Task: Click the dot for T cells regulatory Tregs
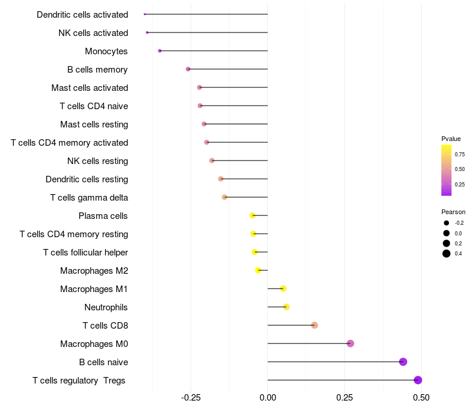(418, 380)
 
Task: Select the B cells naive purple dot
(403, 362)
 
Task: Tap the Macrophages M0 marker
(350, 343)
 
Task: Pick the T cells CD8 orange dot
(314, 325)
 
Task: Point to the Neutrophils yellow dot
(286, 307)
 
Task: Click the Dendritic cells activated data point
(145, 14)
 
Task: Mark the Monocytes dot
(160, 51)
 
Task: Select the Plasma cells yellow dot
(253, 215)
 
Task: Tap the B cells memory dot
(188, 69)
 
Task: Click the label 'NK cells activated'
(93, 32)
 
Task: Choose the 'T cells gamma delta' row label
(89, 197)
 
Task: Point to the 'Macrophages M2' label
(94, 270)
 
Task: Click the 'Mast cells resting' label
(94, 124)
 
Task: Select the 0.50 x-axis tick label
(421, 398)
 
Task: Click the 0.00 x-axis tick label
(267, 398)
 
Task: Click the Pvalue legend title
(451, 139)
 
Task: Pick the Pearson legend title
(453, 212)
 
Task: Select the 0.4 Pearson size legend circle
(447, 254)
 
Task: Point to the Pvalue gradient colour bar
(447, 170)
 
